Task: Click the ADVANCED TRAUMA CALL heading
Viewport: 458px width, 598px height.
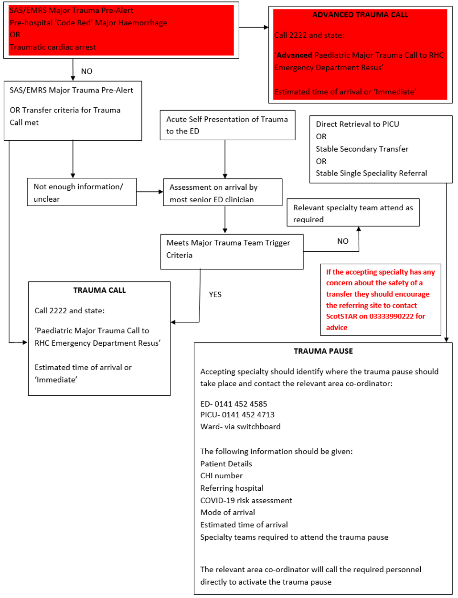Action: click(x=360, y=15)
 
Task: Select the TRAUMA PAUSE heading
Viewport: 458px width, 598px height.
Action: click(x=323, y=351)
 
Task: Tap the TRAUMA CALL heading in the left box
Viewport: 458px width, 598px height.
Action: click(x=99, y=290)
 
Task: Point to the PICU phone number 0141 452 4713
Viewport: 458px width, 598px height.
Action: click(x=248, y=415)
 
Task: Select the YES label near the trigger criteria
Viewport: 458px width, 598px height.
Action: click(x=215, y=295)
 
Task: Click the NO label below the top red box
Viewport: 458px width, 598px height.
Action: click(x=86, y=72)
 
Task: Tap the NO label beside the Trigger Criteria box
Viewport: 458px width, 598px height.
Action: click(x=342, y=241)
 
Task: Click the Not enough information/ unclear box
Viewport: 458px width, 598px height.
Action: click(x=82, y=192)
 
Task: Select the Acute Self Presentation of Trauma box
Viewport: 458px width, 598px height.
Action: click(x=227, y=125)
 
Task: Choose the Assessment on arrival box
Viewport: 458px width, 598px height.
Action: click(x=223, y=193)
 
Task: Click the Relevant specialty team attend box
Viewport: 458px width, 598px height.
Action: click(x=352, y=213)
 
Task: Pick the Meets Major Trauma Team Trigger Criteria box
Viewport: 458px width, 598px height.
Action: click(x=232, y=251)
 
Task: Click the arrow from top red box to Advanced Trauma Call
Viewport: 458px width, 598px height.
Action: click(x=254, y=28)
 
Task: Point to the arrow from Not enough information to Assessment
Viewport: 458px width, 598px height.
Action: click(x=149, y=192)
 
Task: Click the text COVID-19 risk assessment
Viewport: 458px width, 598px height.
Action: click(x=246, y=500)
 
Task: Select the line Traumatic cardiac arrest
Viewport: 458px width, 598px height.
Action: click(x=53, y=47)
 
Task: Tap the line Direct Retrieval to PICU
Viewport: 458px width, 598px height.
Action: click(x=357, y=124)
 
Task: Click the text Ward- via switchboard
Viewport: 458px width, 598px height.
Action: click(x=240, y=427)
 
